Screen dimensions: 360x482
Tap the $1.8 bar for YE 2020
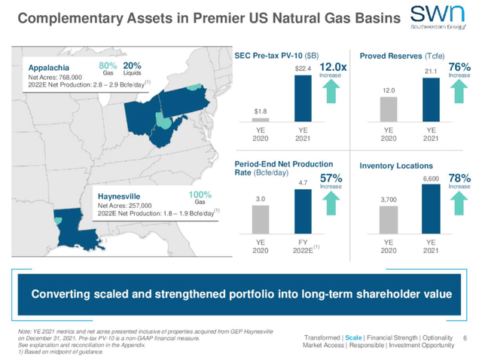pos(260,119)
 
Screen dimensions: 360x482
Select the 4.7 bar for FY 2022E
pos(302,212)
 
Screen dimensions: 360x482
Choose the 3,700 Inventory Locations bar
pos(389,220)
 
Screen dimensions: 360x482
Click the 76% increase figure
pos(459,68)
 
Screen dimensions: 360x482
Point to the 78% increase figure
pos(459,178)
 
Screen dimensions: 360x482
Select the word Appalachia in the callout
pos(43,66)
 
